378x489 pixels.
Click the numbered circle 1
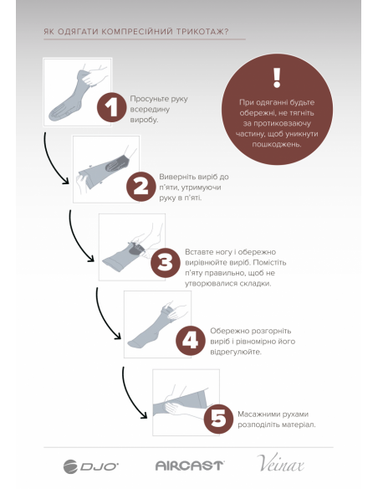pyautogui.click(x=112, y=107)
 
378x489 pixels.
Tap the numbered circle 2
pyautogui.click(x=141, y=187)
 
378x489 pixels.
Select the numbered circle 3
pyautogui.click(x=166, y=263)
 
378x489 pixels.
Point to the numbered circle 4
pyautogui.click(x=190, y=341)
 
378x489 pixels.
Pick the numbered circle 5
pyautogui.click(x=218, y=419)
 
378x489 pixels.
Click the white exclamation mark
pyautogui.click(x=277, y=78)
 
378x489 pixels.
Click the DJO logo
pyautogui.click(x=90, y=466)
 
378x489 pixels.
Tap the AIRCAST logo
pyautogui.click(x=189, y=466)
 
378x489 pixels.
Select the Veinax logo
pyautogui.click(x=280, y=463)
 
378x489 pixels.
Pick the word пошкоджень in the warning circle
pyautogui.click(x=277, y=144)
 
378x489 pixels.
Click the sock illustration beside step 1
pyautogui.click(x=78, y=92)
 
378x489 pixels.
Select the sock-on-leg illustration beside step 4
pyautogui.click(x=157, y=324)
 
